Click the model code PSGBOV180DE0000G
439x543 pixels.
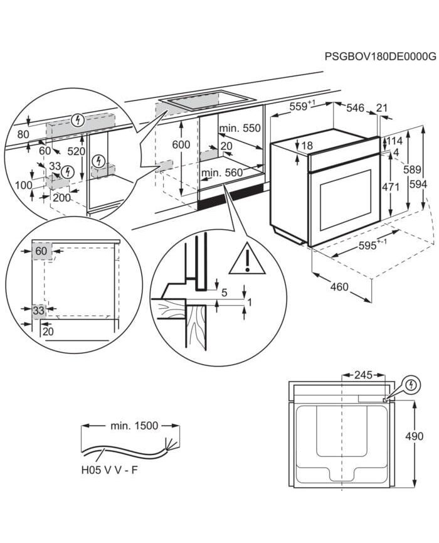(380, 57)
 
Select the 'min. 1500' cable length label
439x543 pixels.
(134, 426)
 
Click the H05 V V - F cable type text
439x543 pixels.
(111, 469)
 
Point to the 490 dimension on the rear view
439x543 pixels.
(428, 436)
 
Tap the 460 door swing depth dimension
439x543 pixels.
(339, 288)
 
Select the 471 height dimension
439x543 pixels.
(391, 186)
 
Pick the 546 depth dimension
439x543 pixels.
(356, 108)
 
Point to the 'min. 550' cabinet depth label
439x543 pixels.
(239, 128)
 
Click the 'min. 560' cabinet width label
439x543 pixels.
(221, 172)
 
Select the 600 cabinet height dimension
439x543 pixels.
(181, 144)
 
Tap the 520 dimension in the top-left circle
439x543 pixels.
(77, 151)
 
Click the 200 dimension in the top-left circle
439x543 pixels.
(61, 196)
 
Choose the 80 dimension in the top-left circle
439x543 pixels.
(24, 134)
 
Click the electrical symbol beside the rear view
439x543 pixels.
(411, 383)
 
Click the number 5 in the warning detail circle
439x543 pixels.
(224, 292)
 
